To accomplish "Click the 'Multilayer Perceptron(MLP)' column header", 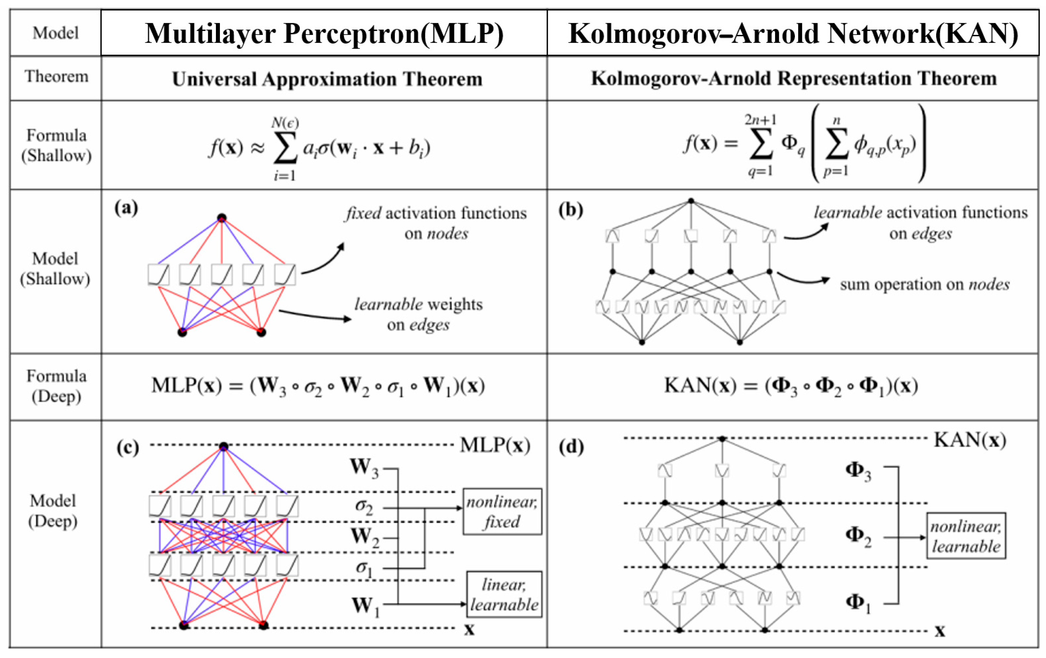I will tap(324, 34).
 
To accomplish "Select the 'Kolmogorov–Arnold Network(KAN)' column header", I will tap(793, 34).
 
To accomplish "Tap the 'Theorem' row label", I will tap(56, 77).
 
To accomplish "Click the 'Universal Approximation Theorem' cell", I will tap(327, 79).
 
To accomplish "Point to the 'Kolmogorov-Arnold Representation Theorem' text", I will tap(794, 78).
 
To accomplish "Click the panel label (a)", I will tap(126, 208).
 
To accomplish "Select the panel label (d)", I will tap(571, 447).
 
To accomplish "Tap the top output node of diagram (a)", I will tap(222, 217).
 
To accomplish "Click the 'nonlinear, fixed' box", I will tap(502, 511).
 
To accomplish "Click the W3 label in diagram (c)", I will tap(364, 468).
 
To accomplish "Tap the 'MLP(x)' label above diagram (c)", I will tap(495, 445).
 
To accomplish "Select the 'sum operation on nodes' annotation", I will tap(924, 285).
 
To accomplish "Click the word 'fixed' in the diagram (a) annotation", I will tap(363, 213).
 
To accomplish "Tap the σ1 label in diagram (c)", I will tap(364, 568).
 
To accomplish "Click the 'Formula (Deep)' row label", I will tap(56, 386).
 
